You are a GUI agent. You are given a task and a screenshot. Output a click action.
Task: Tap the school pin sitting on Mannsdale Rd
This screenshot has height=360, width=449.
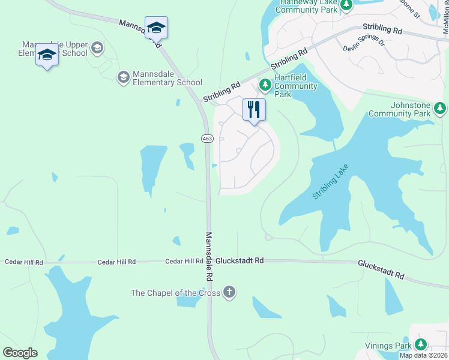(156, 28)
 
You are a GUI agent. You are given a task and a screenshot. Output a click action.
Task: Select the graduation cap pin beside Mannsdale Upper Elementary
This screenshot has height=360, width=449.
(47, 55)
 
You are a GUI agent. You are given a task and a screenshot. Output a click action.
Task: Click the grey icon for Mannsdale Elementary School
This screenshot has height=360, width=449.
(123, 76)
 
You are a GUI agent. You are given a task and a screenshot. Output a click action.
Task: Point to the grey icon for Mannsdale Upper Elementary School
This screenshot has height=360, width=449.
(97, 47)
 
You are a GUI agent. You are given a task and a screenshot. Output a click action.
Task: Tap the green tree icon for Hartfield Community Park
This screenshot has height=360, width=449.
(265, 86)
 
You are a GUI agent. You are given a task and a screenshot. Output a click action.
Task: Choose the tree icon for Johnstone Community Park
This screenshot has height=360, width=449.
(441, 108)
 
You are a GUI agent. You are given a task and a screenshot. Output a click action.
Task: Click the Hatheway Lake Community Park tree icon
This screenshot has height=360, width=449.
(346, 5)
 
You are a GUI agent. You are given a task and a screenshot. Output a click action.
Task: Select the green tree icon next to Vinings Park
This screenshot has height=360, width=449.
(421, 344)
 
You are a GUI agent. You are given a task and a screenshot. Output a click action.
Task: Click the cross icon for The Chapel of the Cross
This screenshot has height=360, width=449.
(229, 293)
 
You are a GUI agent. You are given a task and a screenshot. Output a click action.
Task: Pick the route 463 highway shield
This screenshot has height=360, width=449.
(207, 139)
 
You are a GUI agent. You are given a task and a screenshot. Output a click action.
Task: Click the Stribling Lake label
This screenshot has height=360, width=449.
(330, 181)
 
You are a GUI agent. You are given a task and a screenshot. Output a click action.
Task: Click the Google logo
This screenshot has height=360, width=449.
(20, 352)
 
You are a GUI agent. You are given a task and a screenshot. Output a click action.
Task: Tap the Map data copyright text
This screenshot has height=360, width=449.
(423, 355)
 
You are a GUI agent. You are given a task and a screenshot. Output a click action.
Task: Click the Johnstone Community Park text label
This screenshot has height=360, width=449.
(400, 109)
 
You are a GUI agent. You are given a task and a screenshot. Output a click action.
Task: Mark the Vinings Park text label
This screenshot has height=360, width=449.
(388, 346)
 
